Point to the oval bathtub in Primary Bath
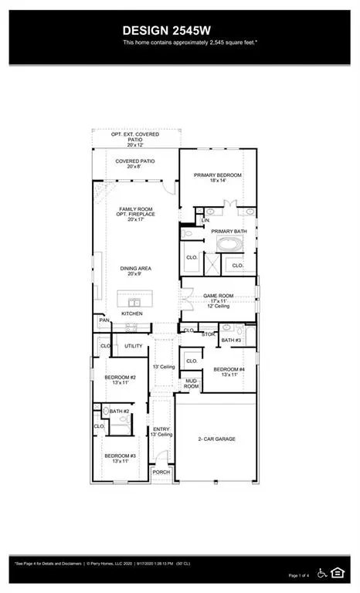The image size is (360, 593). point(228,246)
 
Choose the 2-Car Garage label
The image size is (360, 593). point(215,439)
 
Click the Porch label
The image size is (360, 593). point(161,472)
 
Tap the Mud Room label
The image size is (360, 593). point(192,383)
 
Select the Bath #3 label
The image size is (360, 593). point(232,340)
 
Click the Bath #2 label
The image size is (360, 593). point(117,412)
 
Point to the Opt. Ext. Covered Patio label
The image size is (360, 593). point(135,139)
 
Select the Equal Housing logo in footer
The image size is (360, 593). point(337,571)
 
